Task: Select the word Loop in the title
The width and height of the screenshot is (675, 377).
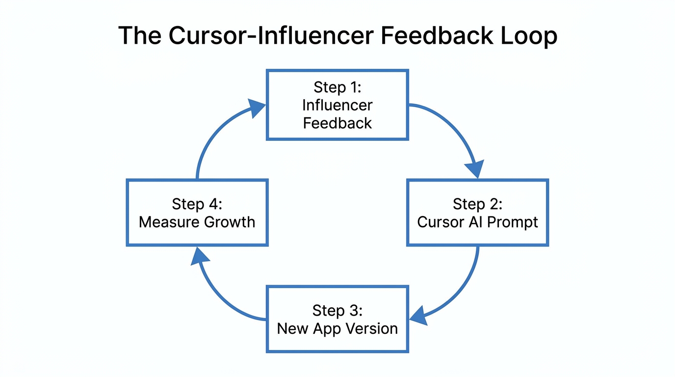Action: point(531,36)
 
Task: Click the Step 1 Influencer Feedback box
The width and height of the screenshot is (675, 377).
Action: point(337,105)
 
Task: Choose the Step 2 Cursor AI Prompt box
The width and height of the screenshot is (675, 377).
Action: point(477,213)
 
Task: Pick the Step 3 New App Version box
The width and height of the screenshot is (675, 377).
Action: point(337,319)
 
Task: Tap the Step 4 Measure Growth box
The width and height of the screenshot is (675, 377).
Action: point(197,213)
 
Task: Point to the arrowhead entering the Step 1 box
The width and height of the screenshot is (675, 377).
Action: point(256,107)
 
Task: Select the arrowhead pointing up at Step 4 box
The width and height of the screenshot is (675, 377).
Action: point(199,257)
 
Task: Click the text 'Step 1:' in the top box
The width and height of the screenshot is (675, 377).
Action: point(337,87)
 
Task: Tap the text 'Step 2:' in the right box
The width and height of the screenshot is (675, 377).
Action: point(477,204)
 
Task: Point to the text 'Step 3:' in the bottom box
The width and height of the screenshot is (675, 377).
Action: point(337,310)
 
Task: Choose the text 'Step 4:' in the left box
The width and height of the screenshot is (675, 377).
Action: point(197,204)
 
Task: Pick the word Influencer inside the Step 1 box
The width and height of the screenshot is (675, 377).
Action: point(337,105)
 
